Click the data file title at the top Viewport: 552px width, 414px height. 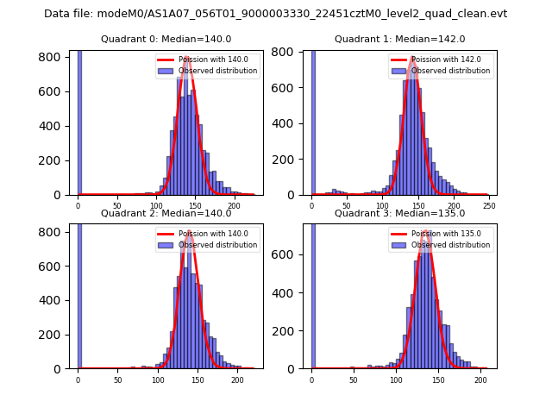coord(275,14)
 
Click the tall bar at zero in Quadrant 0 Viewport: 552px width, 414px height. coord(79,121)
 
